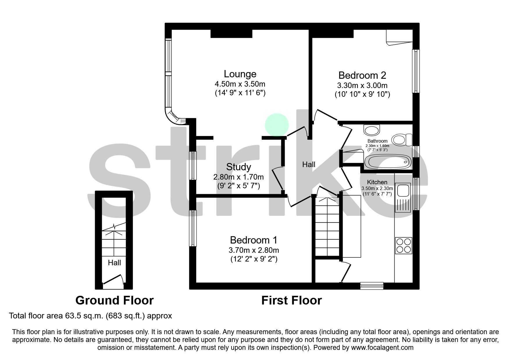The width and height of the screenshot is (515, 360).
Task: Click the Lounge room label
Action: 240,74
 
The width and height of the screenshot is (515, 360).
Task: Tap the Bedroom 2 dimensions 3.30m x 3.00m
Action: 362,86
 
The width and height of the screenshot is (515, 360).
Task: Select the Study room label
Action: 238,167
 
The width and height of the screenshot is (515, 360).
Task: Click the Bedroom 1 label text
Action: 254,240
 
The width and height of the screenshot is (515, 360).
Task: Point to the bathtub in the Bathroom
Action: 388,162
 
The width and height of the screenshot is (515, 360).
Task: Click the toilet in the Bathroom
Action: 402,140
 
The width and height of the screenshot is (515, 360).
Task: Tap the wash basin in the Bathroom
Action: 372,130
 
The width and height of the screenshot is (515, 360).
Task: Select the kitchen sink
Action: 403,191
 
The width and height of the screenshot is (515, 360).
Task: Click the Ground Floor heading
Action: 114,300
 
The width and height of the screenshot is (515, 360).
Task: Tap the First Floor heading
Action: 291,300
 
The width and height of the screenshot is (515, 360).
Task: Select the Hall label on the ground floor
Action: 114,263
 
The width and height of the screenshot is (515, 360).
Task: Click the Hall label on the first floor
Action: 309,165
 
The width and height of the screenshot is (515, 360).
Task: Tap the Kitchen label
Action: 377,182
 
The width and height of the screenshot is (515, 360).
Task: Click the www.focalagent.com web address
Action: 382,348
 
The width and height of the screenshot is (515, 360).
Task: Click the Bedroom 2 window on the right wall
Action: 416,71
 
